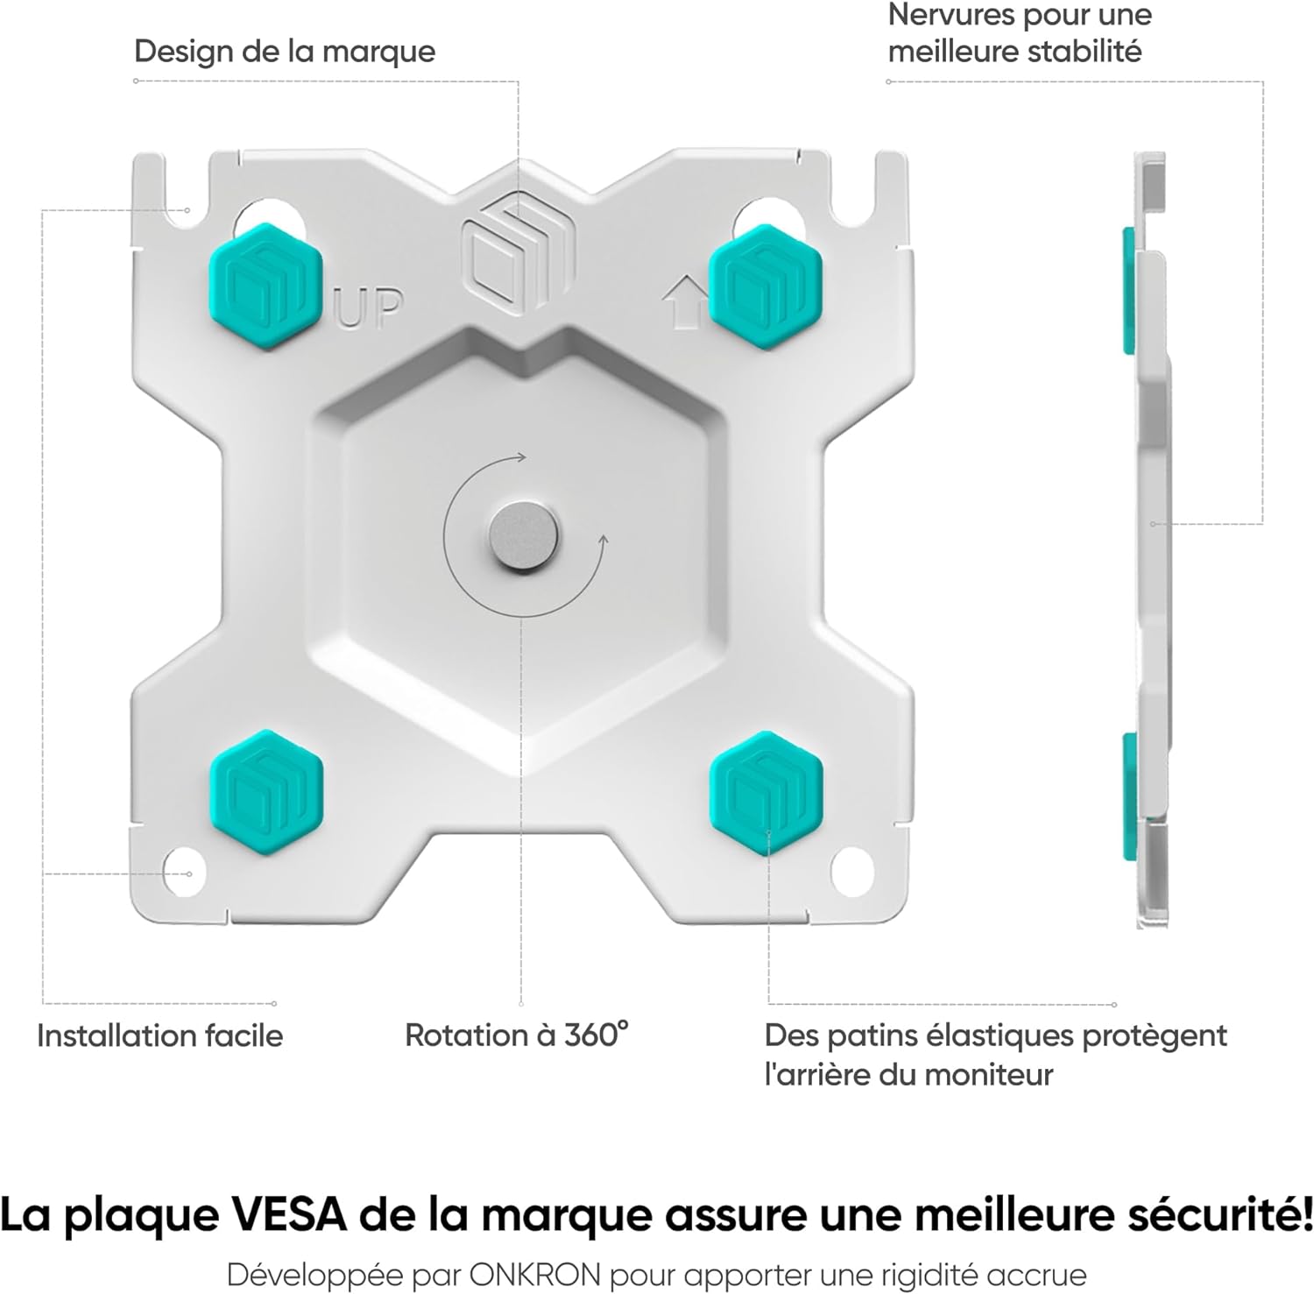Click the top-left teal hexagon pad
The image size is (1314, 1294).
pyautogui.click(x=265, y=285)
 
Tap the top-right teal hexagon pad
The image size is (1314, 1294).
pyautogui.click(x=766, y=285)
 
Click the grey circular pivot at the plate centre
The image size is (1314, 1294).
pyautogui.click(x=524, y=536)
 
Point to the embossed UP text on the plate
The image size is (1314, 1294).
pyautogui.click(x=370, y=308)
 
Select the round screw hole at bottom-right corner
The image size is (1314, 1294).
pyautogui.click(x=851, y=870)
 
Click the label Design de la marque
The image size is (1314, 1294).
pyautogui.click(x=285, y=51)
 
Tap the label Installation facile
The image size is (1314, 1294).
pyautogui.click(x=160, y=1036)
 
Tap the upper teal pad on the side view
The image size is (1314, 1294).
pyautogui.click(x=1129, y=289)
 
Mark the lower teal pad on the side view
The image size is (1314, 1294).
pyautogui.click(x=1129, y=797)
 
